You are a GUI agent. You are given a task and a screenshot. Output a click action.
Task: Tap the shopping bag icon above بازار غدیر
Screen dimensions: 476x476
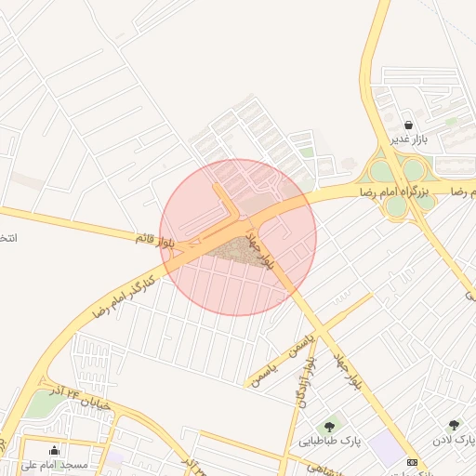click(409, 125)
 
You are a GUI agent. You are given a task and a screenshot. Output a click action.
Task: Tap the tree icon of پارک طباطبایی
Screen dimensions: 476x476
click(331, 426)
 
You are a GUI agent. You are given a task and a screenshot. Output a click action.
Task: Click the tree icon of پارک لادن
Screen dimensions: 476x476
click(454, 425)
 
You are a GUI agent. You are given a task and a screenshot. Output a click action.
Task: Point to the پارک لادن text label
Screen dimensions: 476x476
click(454, 439)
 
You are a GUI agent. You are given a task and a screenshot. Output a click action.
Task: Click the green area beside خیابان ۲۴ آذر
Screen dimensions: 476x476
click(39, 405)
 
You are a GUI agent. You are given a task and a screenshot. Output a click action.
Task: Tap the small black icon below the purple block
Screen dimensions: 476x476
click(413, 462)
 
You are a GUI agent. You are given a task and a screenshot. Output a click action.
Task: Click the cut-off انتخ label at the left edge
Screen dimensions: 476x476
click(7, 239)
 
